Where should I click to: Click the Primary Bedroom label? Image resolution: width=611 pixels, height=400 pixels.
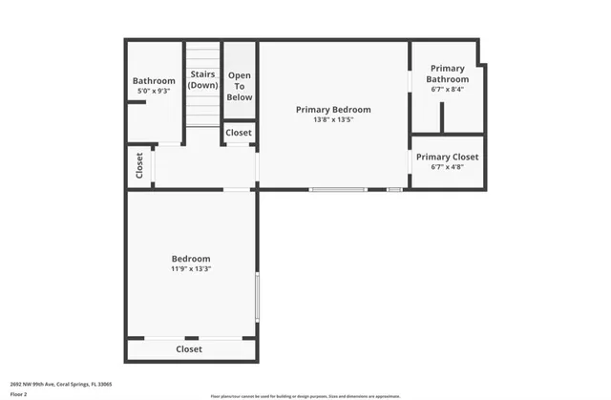(x=333, y=110)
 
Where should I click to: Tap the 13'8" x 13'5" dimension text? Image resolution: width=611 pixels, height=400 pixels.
(x=333, y=120)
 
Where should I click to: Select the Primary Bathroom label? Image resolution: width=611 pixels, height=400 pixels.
(x=447, y=74)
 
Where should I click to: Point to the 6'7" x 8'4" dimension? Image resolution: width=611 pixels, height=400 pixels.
(x=447, y=89)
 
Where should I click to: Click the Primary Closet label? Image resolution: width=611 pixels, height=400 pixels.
(x=447, y=157)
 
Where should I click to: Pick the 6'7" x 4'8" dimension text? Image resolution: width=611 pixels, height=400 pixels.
(x=447, y=167)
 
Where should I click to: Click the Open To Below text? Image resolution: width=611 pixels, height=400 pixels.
(x=240, y=86)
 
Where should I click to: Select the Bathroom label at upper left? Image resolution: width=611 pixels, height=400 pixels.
(x=154, y=81)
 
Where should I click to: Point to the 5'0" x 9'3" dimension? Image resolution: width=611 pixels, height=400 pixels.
(x=154, y=91)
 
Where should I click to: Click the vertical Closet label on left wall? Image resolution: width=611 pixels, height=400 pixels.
(x=139, y=166)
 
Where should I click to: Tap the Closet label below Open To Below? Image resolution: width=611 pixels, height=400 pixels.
(x=239, y=133)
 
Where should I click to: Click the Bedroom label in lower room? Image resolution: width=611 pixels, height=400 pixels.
(x=191, y=259)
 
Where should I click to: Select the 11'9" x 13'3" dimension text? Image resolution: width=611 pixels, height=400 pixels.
(x=191, y=269)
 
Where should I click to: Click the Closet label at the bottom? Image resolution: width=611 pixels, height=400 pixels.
(x=189, y=349)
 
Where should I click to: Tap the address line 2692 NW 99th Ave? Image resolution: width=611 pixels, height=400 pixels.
(x=61, y=383)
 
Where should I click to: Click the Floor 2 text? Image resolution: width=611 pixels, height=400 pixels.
(x=19, y=392)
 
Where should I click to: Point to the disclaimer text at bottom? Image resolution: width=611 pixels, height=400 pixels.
(x=305, y=394)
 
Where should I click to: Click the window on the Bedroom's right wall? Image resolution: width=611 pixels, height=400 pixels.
(x=257, y=296)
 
